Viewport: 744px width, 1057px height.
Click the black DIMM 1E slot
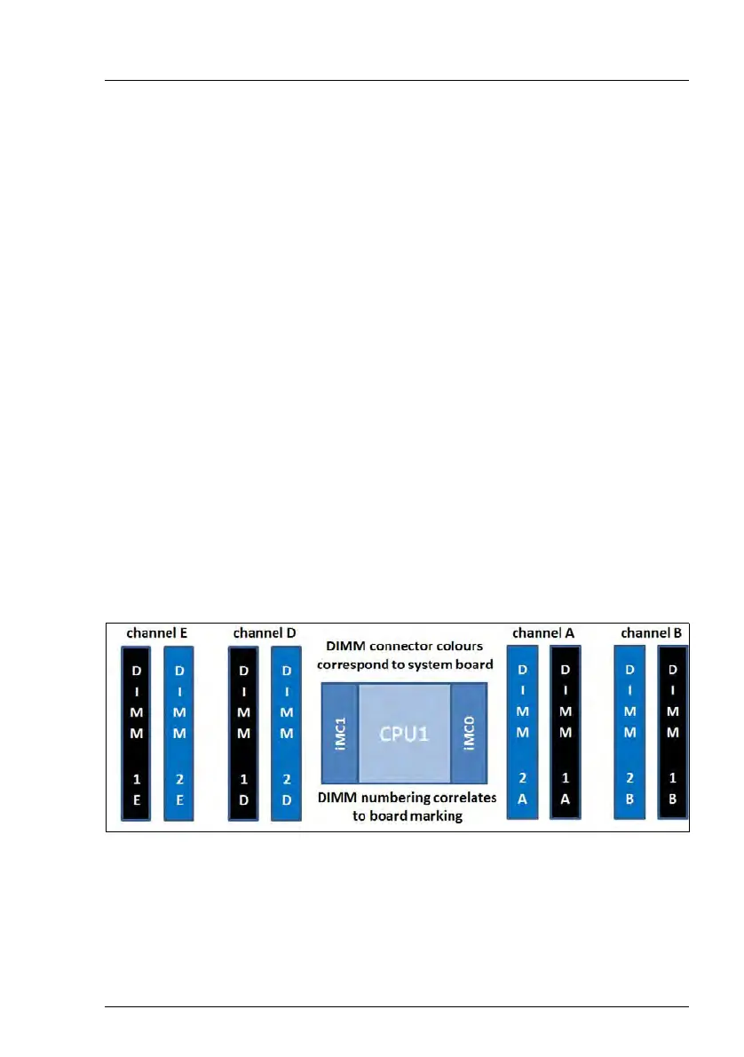click(136, 733)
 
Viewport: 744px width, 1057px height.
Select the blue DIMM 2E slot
click(178, 733)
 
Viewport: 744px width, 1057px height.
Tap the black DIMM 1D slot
click(243, 733)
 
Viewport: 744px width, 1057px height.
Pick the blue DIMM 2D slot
click(286, 733)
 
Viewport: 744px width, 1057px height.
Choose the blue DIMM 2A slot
click(522, 731)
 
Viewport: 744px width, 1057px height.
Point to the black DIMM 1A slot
click(566, 731)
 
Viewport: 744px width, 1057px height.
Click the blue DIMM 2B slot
click(630, 731)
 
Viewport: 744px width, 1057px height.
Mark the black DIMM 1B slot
click(673, 731)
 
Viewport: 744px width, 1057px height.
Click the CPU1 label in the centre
click(404, 735)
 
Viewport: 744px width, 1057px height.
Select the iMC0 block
click(470, 735)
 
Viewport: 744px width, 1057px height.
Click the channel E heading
click(156, 633)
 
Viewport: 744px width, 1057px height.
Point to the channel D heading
click(265, 633)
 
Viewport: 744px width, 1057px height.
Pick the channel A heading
click(543, 632)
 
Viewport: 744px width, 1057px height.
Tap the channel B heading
click(652, 633)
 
